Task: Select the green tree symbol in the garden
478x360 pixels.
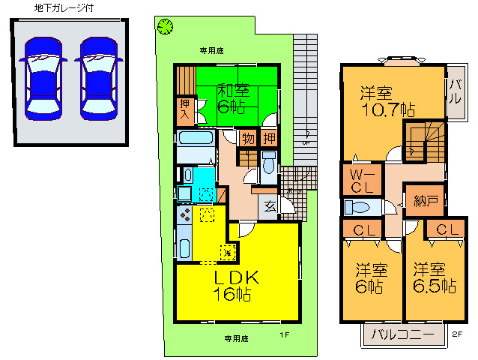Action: tap(164, 26)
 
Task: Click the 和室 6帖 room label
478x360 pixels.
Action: tap(234, 97)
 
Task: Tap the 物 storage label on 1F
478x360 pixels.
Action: tap(246, 138)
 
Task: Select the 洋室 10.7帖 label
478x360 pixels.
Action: tap(385, 101)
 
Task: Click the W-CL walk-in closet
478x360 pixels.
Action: tap(357, 180)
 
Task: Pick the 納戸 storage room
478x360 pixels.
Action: tap(422, 200)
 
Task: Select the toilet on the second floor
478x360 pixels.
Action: tap(357, 207)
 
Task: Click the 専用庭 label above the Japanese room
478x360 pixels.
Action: tap(211, 50)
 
